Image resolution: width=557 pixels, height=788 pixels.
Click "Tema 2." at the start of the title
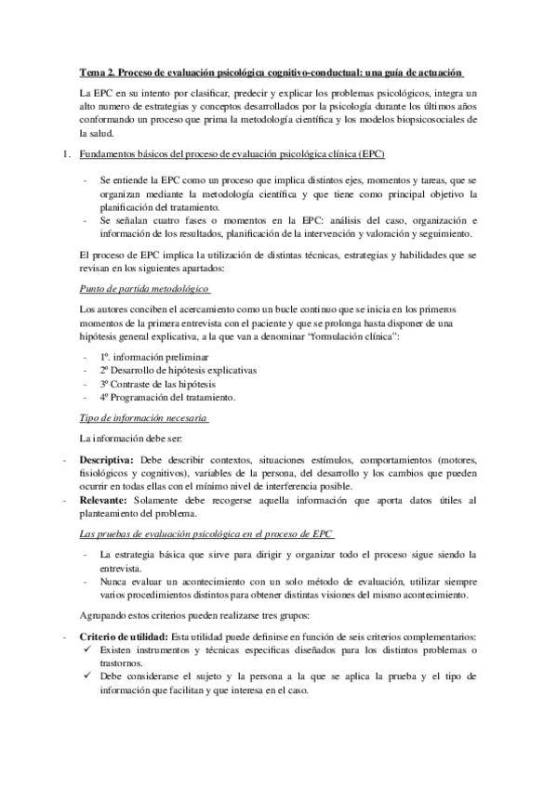point(97,74)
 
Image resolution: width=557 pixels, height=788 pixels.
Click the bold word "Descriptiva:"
point(107,461)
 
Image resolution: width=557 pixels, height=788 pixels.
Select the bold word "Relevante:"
point(104,501)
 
